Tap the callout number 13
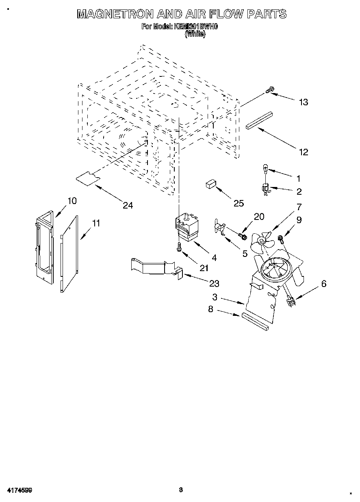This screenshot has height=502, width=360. [x=303, y=102]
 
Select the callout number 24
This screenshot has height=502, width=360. [x=128, y=205]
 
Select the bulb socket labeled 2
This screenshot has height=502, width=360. [x=265, y=189]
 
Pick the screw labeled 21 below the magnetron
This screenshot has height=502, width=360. [x=179, y=247]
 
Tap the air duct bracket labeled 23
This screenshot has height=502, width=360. [x=154, y=267]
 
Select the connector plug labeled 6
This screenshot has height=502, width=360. [x=291, y=301]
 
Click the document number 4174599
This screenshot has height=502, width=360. [x=20, y=490]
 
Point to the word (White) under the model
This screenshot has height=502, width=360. [x=195, y=35]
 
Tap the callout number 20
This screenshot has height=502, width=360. [x=259, y=217]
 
